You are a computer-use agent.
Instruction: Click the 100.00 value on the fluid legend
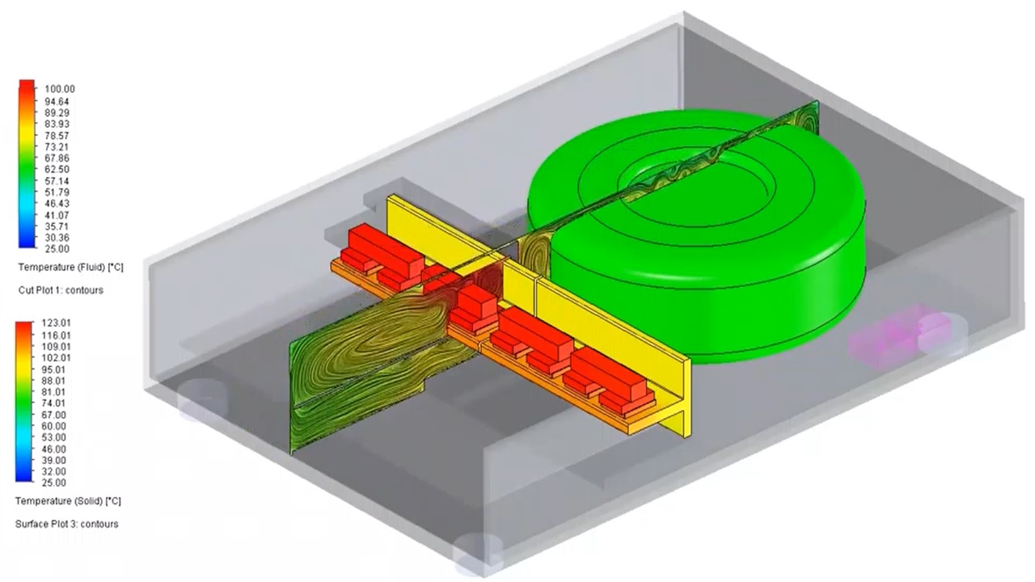click(60, 89)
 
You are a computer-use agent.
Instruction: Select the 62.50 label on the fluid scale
click(57, 170)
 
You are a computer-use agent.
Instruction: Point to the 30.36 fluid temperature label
click(57, 238)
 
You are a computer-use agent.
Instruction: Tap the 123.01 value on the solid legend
click(57, 323)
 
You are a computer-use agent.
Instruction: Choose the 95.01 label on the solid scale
click(53, 370)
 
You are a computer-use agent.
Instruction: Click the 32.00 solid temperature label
click(53, 471)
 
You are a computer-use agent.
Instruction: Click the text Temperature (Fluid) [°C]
click(70, 268)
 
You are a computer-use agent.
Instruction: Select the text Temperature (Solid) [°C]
click(68, 501)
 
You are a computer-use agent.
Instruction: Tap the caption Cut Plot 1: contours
click(61, 290)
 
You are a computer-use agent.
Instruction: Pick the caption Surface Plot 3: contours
click(66, 525)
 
